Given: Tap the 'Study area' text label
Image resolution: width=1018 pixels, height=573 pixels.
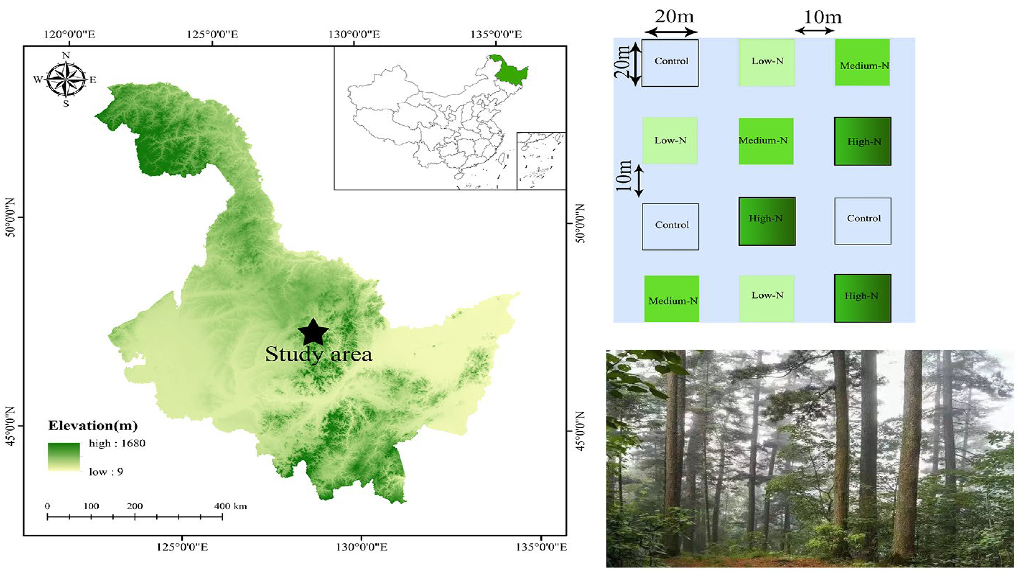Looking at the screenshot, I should coord(318,354).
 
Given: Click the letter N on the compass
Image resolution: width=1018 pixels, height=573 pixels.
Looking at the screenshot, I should coord(66,56).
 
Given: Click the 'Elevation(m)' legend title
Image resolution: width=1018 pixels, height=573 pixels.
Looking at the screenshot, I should coord(93,426).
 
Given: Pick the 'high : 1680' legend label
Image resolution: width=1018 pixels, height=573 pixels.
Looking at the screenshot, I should coord(117,443).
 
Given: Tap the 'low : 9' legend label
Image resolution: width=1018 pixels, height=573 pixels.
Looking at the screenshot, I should coord(106,472).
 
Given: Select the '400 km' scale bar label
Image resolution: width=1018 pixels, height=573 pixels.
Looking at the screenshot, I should coord(230,506).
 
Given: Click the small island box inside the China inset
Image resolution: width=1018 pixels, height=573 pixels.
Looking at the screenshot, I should coord(541,161).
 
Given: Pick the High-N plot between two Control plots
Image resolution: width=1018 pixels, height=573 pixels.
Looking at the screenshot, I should coord(767,221).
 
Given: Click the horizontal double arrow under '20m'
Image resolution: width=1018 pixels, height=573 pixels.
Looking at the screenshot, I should coord(670,32).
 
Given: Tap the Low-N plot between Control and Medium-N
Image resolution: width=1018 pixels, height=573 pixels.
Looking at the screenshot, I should coord(767,62).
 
